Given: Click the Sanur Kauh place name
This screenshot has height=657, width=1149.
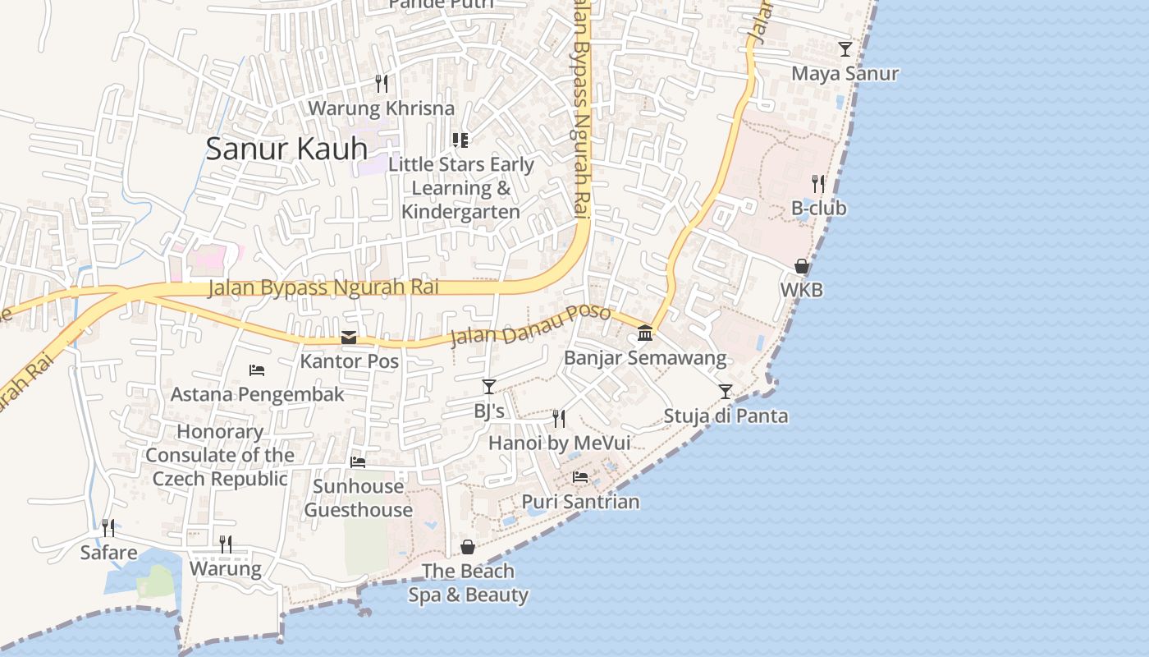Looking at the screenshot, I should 286,149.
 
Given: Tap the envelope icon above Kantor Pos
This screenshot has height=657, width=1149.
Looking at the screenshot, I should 349,338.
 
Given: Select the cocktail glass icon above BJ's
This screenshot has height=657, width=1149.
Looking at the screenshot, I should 489,386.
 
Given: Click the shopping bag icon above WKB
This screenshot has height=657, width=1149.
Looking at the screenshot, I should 802,266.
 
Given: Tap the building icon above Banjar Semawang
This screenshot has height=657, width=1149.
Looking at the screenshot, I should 645,333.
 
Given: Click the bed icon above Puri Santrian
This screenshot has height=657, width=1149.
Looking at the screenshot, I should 580,476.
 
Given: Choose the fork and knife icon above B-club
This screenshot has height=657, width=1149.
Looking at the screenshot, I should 818,183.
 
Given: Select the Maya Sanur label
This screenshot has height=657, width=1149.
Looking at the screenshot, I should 845,74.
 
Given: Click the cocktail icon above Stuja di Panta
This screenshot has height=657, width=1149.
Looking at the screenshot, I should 726,391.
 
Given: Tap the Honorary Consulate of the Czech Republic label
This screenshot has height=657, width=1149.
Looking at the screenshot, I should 220,455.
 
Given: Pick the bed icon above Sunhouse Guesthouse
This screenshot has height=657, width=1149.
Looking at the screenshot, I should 358,462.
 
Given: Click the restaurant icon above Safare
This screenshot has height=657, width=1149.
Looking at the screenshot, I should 108,527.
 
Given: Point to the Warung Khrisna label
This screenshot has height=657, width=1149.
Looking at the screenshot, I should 381,108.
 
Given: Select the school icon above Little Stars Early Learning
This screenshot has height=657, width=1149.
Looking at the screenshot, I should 460,140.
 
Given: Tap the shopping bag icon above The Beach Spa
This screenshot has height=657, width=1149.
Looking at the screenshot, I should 468,546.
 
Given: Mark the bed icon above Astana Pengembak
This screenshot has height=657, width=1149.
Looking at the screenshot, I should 257,370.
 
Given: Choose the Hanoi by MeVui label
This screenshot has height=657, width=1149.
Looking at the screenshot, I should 559,443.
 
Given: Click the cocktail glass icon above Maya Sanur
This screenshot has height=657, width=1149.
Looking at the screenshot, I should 845,49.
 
